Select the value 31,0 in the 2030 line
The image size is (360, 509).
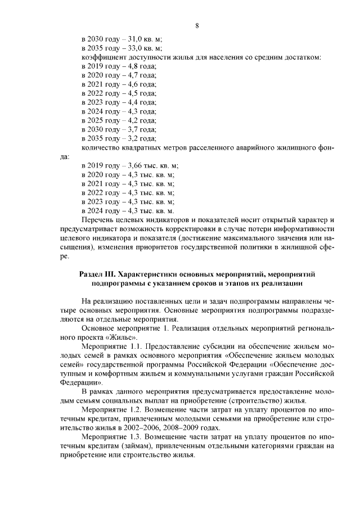pyautogui.click(x=134, y=39)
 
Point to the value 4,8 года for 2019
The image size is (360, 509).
pyautogui.click(x=142, y=66)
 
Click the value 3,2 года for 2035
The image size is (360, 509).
pyautogui.click(x=142, y=138)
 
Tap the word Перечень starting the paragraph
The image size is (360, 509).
pyautogui.click(x=98, y=219)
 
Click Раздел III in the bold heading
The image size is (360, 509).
pyautogui.click(x=98, y=273)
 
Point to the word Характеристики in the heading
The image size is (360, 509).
pyautogui.click(x=156, y=273)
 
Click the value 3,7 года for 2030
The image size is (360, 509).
pyautogui.click(x=142, y=129)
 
